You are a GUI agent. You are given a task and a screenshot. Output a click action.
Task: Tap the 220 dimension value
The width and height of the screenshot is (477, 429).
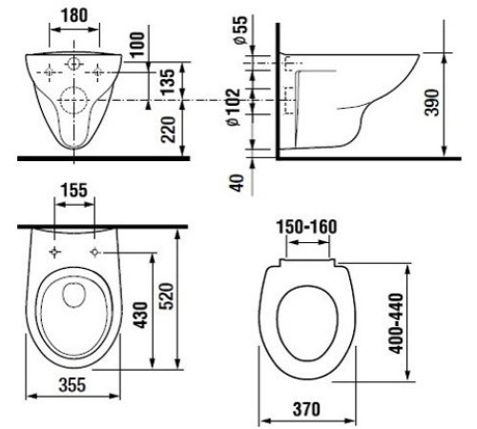click(x=168, y=125)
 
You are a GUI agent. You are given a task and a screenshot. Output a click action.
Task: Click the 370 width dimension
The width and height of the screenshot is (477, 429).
click(x=306, y=409)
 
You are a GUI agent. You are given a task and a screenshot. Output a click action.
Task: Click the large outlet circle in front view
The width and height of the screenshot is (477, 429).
click(x=73, y=98)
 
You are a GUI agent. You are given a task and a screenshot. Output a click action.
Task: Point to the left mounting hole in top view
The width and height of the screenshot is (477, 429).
click(x=55, y=251)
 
